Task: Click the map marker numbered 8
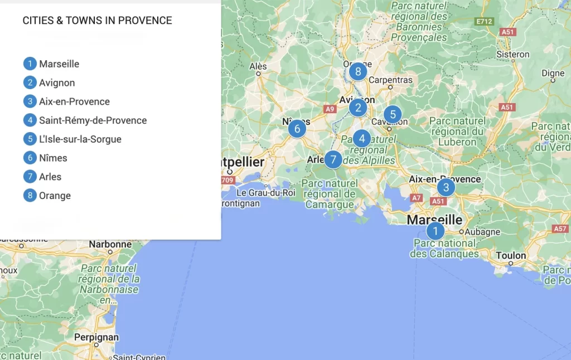(x=357, y=71)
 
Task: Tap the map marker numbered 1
(x=435, y=230)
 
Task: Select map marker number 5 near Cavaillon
(x=393, y=115)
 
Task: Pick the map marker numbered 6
(x=297, y=129)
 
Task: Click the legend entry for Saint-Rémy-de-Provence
(x=93, y=120)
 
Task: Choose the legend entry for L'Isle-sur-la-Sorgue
(x=80, y=139)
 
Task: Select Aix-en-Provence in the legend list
(x=74, y=101)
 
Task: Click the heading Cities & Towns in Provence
(x=97, y=21)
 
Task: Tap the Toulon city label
(x=511, y=256)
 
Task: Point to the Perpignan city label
(x=96, y=337)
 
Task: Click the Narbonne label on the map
(x=110, y=244)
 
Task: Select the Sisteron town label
(x=512, y=54)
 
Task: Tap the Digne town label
(x=553, y=73)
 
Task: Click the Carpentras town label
(x=390, y=80)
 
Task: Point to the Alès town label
(x=258, y=66)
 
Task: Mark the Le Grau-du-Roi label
(x=266, y=193)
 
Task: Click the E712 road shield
(x=484, y=21)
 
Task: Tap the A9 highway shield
(x=330, y=109)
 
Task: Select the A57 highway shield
(x=560, y=228)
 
